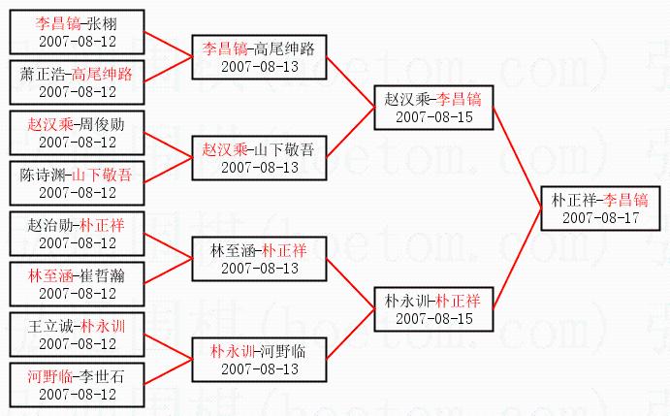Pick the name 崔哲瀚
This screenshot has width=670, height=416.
[x=102, y=275]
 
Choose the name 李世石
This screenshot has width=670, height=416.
[x=102, y=376]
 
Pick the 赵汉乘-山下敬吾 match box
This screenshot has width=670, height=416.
[x=258, y=158]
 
